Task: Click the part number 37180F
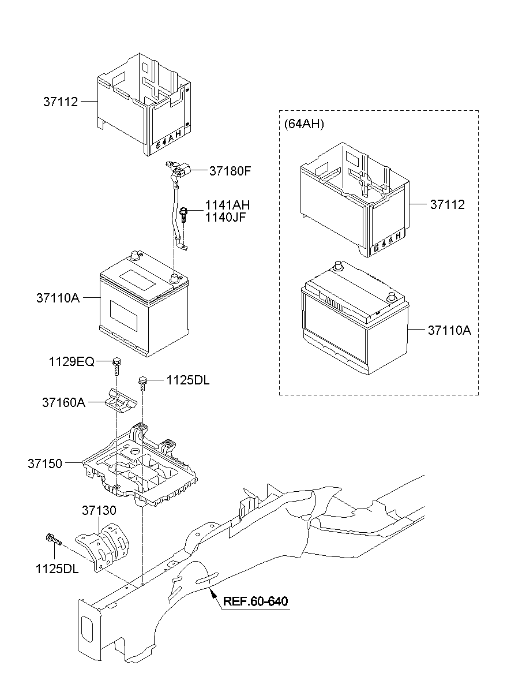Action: pos(231,171)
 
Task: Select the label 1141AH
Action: pos(228,205)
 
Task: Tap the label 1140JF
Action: pos(227,217)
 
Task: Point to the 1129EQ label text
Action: pos(71,361)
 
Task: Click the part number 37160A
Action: pos(63,402)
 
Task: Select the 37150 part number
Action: pos(45,463)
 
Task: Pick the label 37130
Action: pos(99,510)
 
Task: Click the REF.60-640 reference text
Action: pos(255,601)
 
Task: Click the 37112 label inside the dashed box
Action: pos(446,205)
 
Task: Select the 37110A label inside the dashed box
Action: pos(449,330)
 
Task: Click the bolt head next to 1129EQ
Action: pos(117,363)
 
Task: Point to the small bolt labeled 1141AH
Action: pos(185,213)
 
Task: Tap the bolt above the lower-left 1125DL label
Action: pos(52,540)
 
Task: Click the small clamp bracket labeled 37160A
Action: pos(120,400)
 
